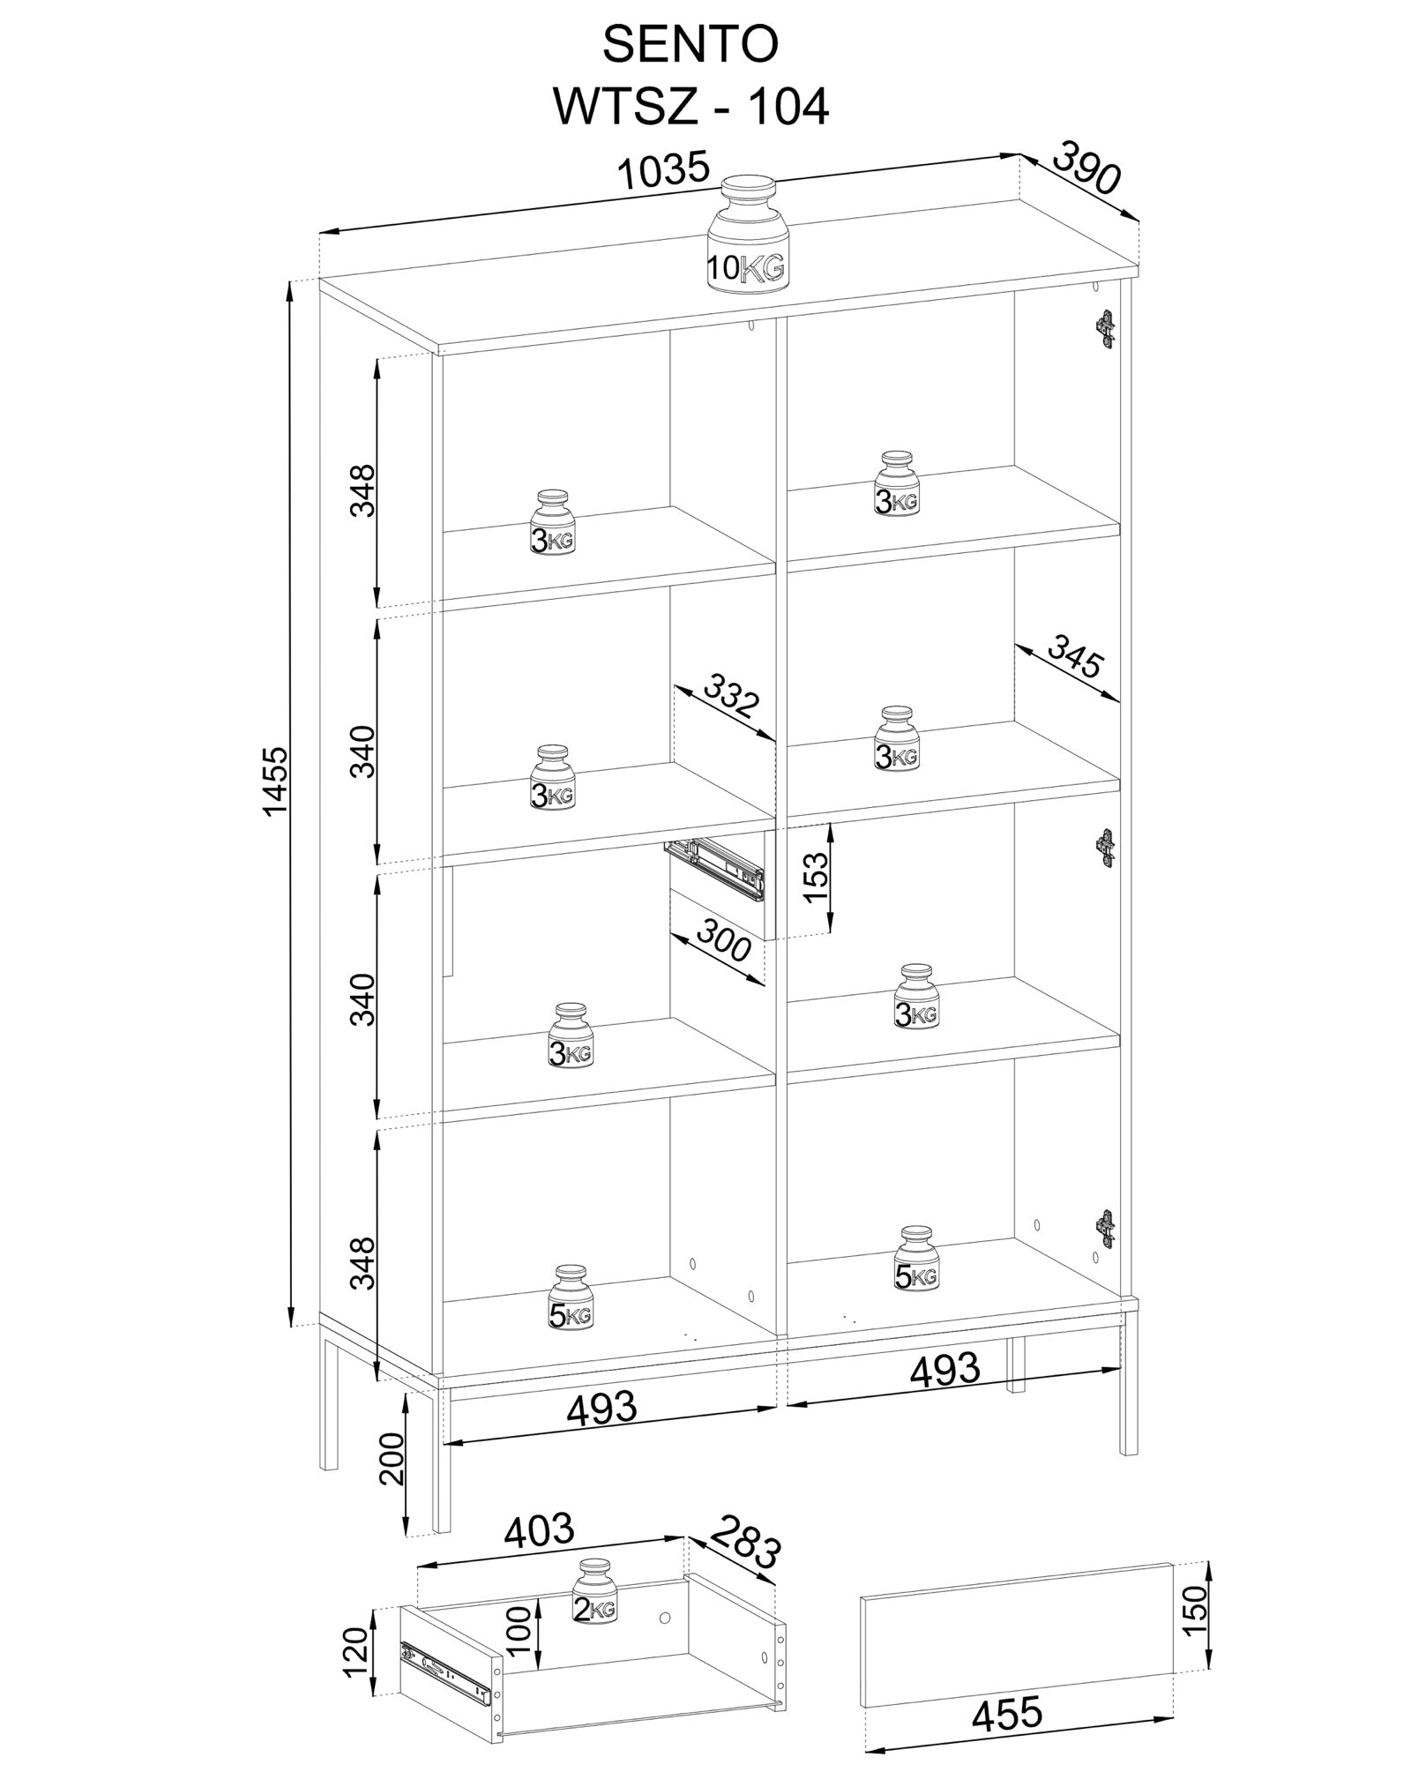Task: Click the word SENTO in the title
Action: (691, 45)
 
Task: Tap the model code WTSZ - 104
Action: (691, 108)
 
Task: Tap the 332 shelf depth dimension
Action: (731, 696)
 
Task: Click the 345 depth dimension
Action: (1074, 658)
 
